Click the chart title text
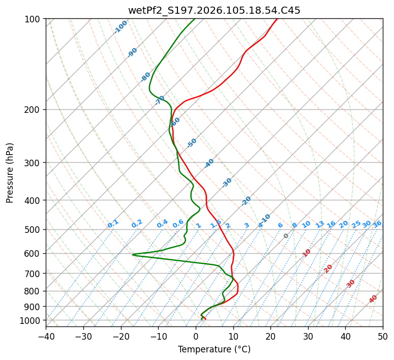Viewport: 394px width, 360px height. click(x=214, y=10)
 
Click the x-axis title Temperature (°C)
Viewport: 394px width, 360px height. click(x=214, y=349)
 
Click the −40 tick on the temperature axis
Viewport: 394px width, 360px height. click(x=46, y=336)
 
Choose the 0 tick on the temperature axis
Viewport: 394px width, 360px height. click(x=196, y=336)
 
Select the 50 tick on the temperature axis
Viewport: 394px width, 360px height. click(x=383, y=336)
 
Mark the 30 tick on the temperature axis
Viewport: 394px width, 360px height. click(x=308, y=336)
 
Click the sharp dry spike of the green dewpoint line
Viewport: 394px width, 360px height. click(x=133, y=255)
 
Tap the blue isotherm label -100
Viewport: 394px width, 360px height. click(x=120, y=27)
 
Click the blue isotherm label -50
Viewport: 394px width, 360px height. click(x=192, y=143)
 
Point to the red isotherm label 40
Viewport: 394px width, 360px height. click(x=373, y=298)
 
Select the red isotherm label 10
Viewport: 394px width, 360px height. click(x=307, y=253)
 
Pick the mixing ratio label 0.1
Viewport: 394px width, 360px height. click(x=113, y=223)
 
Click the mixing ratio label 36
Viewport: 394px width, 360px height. click(x=377, y=224)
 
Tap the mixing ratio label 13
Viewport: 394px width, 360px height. click(x=320, y=224)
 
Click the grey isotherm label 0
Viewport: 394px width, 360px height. click(x=286, y=236)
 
